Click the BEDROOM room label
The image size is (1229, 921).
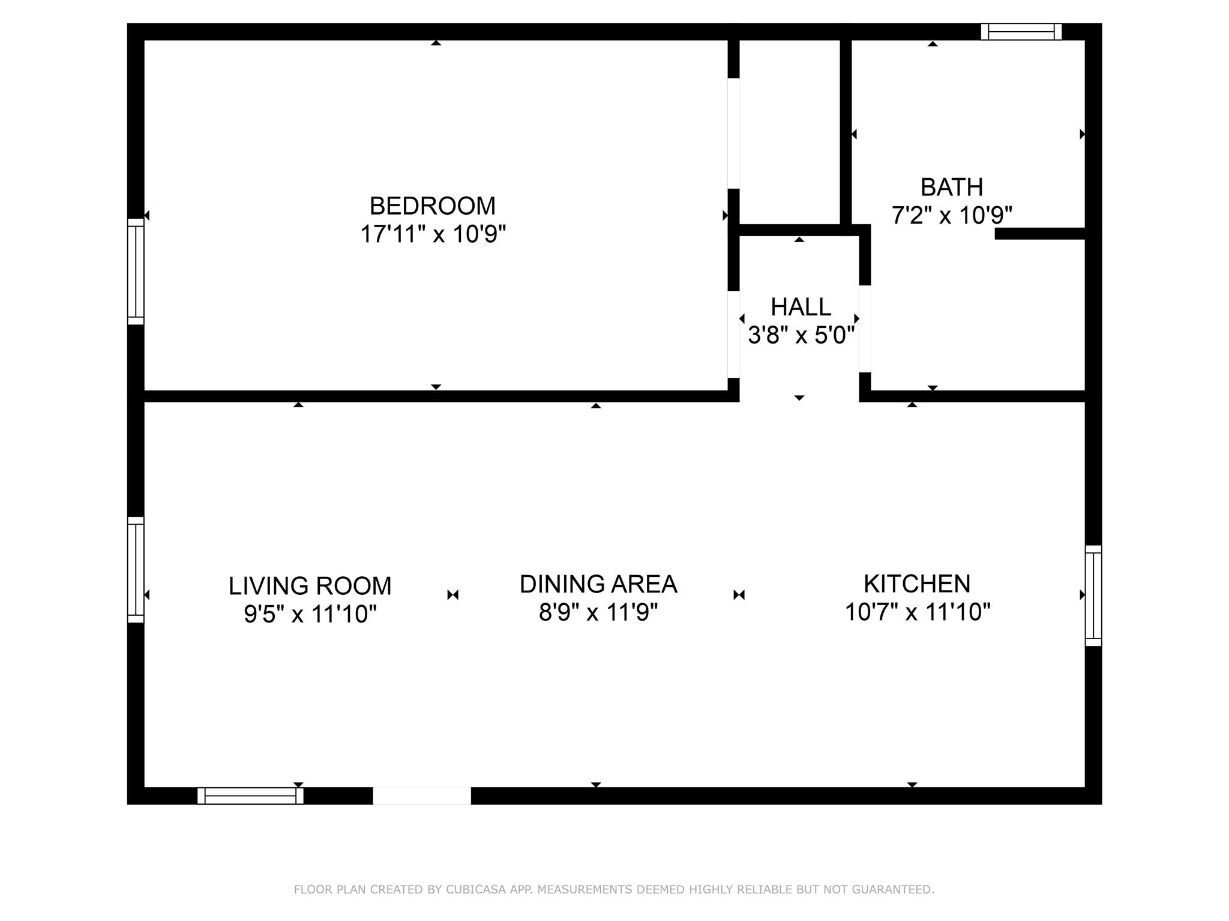pyautogui.click(x=432, y=206)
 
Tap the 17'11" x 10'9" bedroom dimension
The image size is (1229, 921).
pyautogui.click(x=433, y=234)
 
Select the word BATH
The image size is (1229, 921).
pyautogui.click(x=952, y=187)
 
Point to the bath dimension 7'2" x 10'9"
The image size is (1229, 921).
pyautogui.click(x=952, y=215)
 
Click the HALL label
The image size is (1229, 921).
pyautogui.click(x=801, y=307)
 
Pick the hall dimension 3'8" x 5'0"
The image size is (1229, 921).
pyautogui.click(x=801, y=335)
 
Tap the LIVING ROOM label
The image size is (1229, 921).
pyautogui.click(x=310, y=586)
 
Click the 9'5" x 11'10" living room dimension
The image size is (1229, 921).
pyautogui.click(x=310, y=613)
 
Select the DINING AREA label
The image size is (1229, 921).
pyautogui.click(x=598, y=584)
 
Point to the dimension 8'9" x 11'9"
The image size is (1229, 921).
pyautogui.click(x=598, y=612)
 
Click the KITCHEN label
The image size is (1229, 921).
pyautogui.click(x=916, y=583)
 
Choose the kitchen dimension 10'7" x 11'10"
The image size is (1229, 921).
pyautogui.click(x=917, y=612)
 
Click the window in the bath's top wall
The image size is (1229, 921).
pyautogui.click(x=1021, y=32)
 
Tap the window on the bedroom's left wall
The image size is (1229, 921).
pyautogui.click(x=136, y=272)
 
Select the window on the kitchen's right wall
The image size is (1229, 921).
pyautogui.click(x=1093, y=595)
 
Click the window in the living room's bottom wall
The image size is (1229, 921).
pyautogui.click(x=250, y=796)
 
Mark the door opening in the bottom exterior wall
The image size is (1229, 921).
pyautogui.click(x=422, y=796)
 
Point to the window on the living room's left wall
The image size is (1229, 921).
pyautogui.click(x=136, y=570)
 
